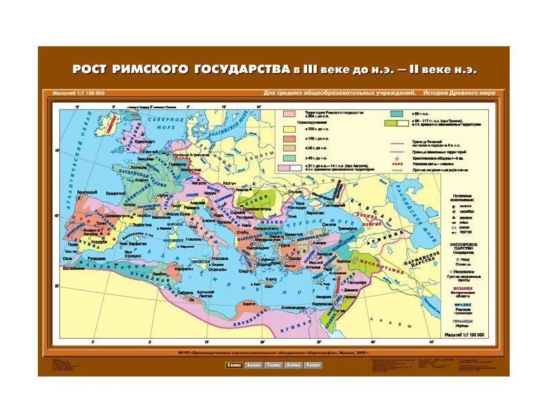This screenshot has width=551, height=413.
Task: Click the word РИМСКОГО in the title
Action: [x=148, y=70]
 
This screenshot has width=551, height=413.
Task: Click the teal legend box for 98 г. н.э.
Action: [x=397, y=112]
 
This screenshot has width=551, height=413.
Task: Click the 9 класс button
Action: [x=313, y=364]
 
